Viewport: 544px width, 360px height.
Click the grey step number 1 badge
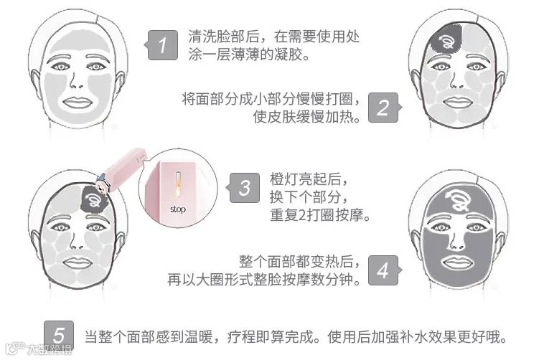click(161, 45)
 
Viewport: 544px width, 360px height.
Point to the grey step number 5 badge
click(59, 335)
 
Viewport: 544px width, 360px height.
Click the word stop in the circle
click(178, 209)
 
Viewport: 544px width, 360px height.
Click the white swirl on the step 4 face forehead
click(459, 199)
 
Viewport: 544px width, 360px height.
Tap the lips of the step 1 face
click(77, 102)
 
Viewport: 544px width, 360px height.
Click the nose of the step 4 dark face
click(456, 240)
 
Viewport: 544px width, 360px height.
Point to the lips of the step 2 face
click(458, 102)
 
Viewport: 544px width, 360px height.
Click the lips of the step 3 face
click(77, 262)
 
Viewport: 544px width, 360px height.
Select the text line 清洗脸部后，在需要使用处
click(273, 37)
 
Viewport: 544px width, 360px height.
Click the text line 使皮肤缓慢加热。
click(307, 117)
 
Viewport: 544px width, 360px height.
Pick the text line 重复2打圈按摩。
click(320, 215)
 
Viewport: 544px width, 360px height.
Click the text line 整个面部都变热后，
click(300, 261)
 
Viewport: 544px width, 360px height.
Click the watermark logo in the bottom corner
click(38, 349)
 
